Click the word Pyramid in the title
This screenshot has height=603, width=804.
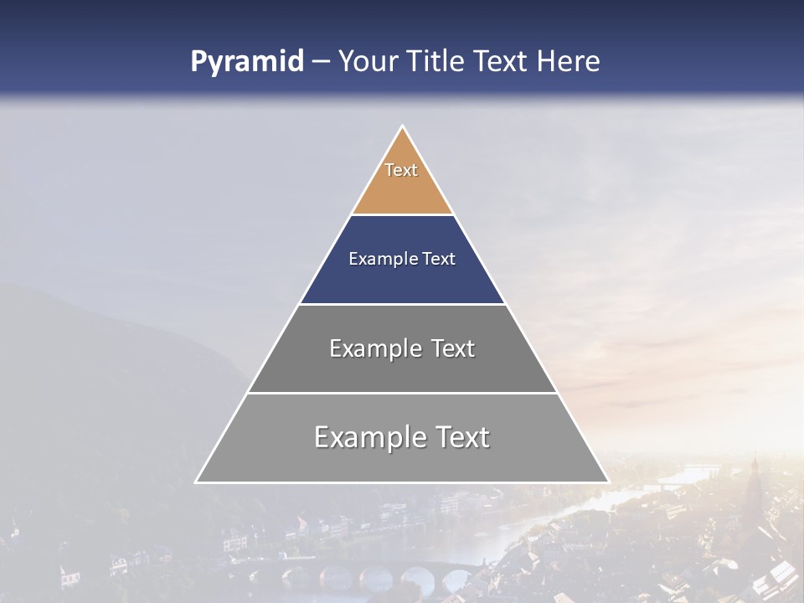click(246, 62)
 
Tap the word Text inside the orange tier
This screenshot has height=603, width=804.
click(401, 170)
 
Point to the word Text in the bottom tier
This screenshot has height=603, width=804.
click(459, 437)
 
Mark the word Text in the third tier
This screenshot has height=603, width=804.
click(450, 348)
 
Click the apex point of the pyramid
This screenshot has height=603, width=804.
click(402, 126)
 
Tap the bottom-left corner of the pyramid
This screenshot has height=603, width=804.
click(196, 482)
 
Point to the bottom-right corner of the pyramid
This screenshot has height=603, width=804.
click(608, 482)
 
